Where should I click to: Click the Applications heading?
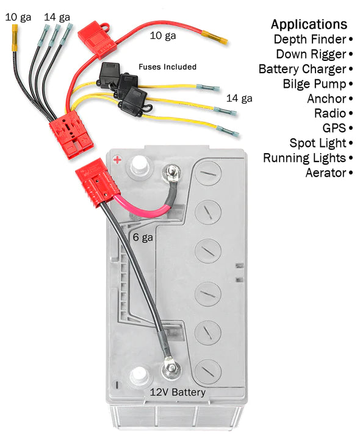pyautogui.click(x=309, y=24)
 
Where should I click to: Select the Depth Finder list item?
pyautogui.click(x=309, y=40)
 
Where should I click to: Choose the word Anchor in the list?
pyautogui.click(x=326, y=99)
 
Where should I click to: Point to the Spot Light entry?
pyautogui.click(x=318, y=143)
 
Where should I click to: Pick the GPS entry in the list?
pyautogui.click(x=334, y=128)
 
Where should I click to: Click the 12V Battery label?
pyautogui.click(x=178, y=392)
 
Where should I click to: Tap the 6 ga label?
pyautogui.click(x=143, y=237)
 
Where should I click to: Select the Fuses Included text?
pyautogui.click(x=167, y=66)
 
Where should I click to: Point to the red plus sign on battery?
pyautogui.click(x=117, y=160)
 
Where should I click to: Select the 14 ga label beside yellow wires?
pyautogui.click(x=239, y=98)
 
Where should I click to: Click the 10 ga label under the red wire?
pyautogui.click(x=163, y=36)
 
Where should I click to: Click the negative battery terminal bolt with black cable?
pyautogui.click(x=169, y=368)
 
